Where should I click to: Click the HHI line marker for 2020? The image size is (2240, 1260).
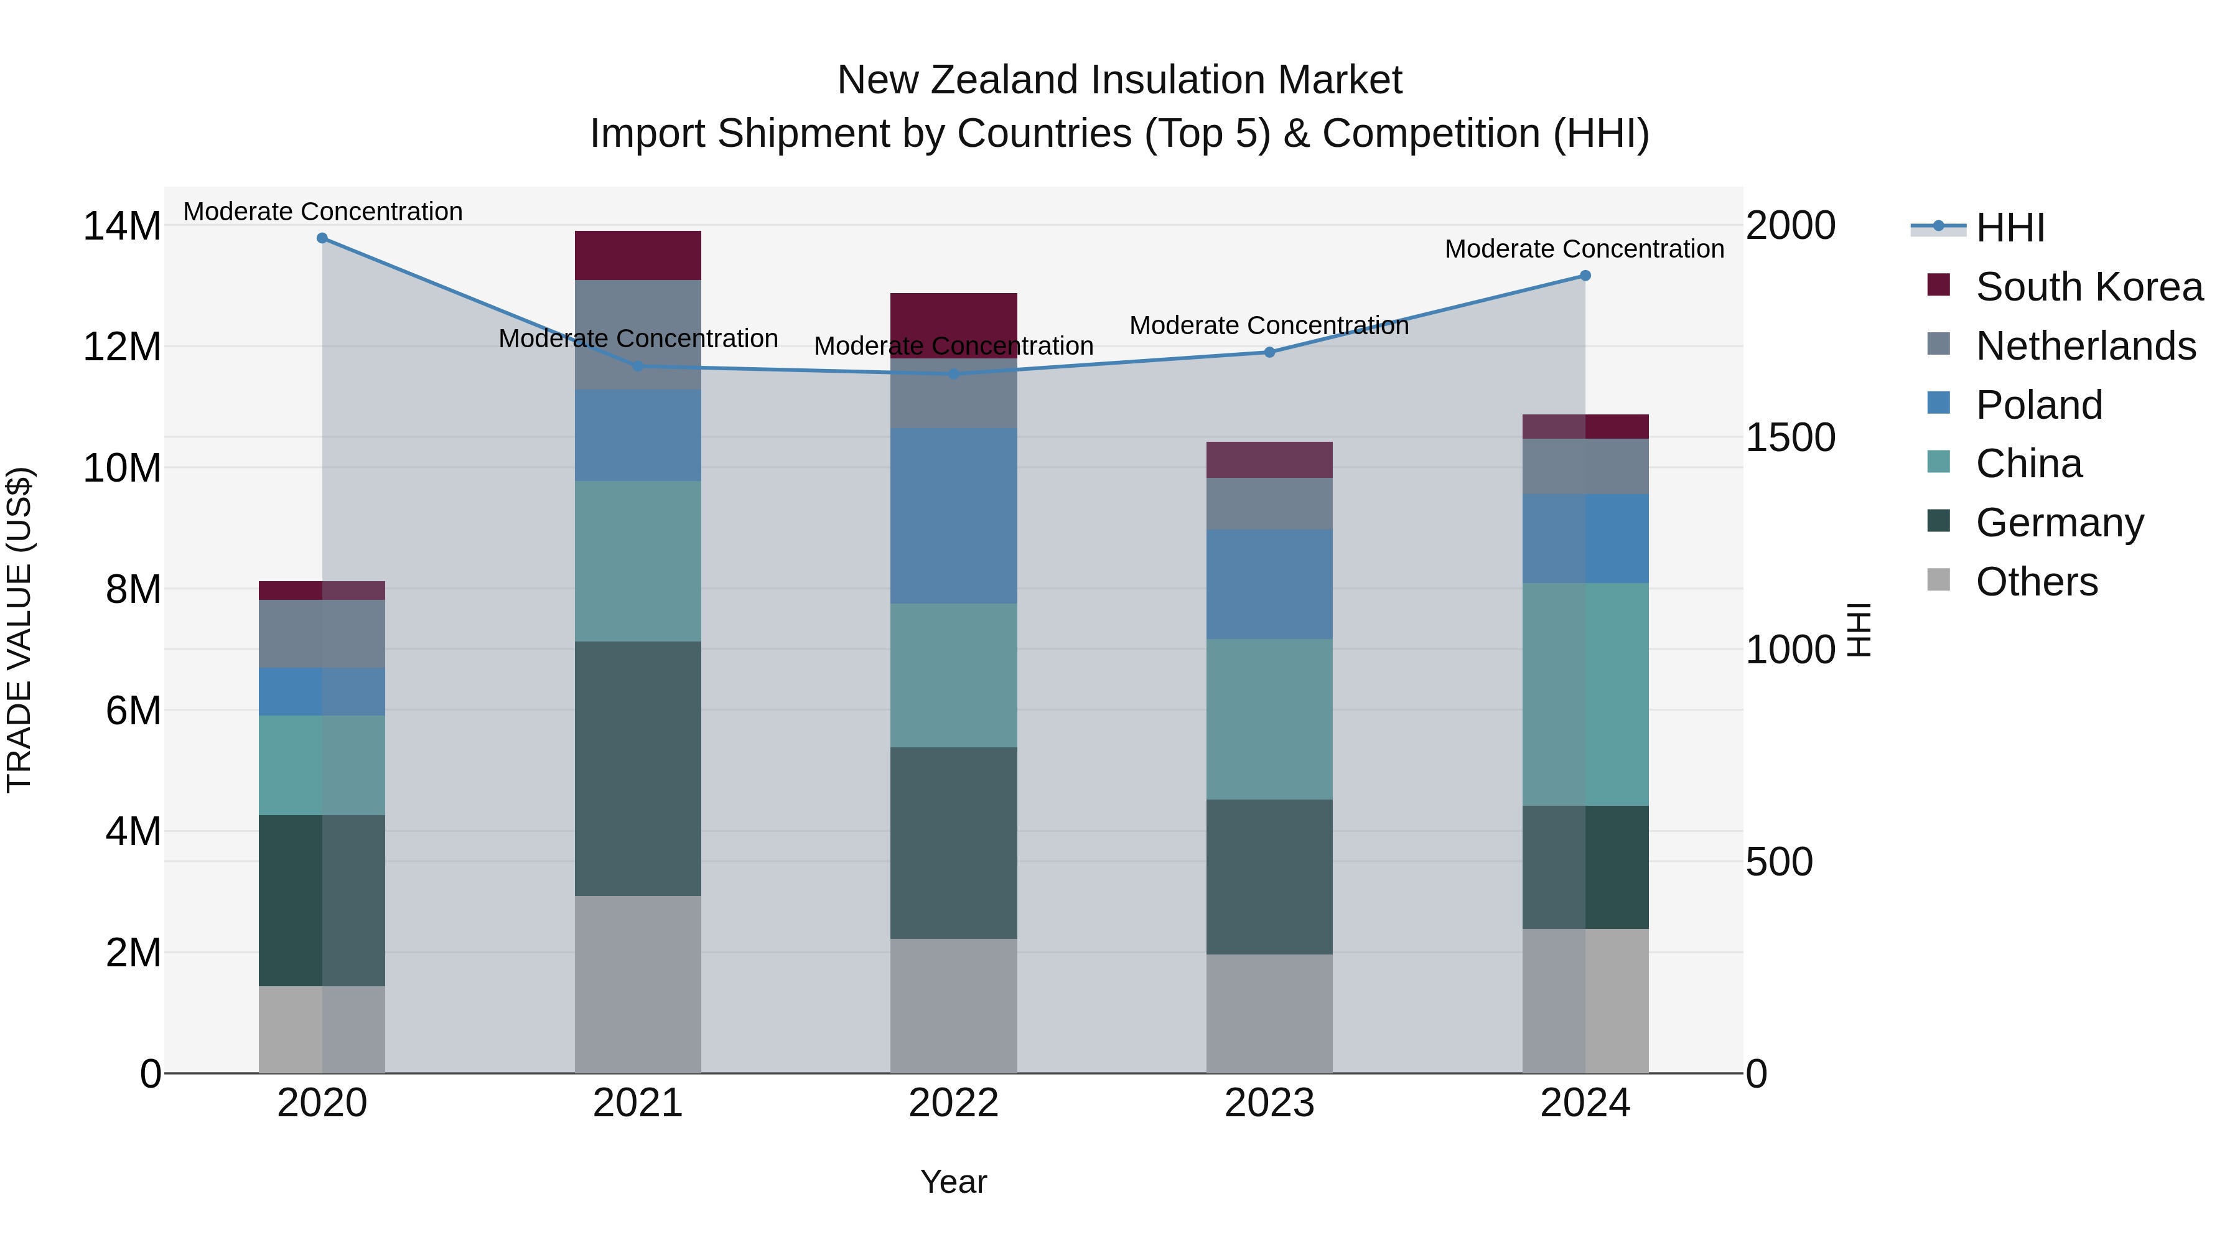[x=322, y=238]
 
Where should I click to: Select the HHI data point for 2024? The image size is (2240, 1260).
[x=1584, y=276]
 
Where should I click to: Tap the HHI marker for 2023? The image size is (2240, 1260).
[x=1269, y=352]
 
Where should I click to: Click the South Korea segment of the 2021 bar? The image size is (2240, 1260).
[x=637, y=254]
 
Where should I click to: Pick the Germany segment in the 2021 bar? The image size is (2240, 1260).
[x=637, y=768]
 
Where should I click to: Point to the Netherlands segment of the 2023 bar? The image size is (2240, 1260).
[x=1269, y=503]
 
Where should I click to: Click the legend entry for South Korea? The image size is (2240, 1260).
[x=2087, y=287]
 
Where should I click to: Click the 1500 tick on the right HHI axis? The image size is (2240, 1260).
[x=1790, y=437]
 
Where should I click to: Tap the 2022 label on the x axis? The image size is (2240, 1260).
[x=953, y=1103]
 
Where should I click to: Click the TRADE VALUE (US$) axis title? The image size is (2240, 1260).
[x=19, y=630]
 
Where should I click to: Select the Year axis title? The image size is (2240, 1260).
[x=953, y=1182]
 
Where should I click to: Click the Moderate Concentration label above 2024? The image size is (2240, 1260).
[x=1584, y=249]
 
